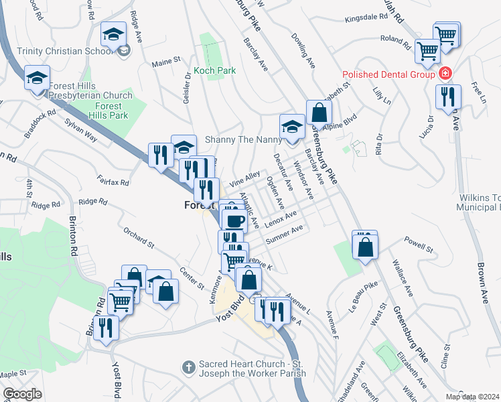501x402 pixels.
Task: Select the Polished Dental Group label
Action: [389, 74]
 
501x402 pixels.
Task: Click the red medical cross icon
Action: [444, 74]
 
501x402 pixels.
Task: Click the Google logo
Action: [22, 394]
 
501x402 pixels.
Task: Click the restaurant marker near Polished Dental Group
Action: [447, 96]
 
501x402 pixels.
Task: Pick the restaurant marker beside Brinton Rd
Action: [105, 327]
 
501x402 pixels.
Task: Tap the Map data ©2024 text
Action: [472, 397]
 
